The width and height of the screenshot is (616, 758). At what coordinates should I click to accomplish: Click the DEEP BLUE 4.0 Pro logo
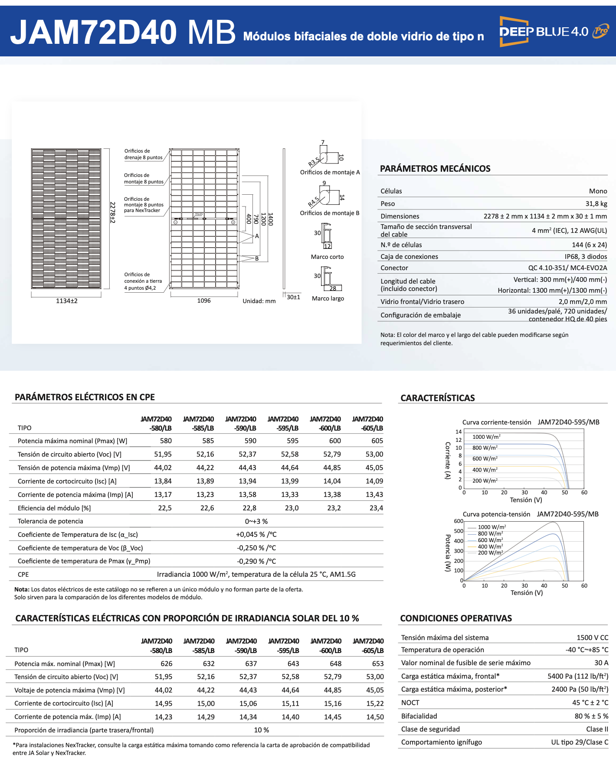554,31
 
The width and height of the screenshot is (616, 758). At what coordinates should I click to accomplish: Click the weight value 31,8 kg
596,203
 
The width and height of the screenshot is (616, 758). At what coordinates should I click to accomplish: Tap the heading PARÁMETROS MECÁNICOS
435,169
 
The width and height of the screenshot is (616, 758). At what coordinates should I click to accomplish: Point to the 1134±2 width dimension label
67,301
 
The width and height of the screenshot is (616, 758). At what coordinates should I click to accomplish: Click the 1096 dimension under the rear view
204,301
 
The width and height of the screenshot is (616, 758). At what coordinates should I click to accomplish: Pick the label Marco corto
327,257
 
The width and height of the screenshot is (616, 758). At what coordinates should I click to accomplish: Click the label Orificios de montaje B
330,213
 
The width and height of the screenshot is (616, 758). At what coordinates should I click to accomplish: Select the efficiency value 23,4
376,508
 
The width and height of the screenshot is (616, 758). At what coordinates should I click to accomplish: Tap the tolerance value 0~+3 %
256,521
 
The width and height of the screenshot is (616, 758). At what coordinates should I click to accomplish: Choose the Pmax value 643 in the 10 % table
293,663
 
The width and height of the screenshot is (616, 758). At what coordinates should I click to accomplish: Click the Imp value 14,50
375,717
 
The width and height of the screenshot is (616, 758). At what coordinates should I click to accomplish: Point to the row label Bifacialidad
419,716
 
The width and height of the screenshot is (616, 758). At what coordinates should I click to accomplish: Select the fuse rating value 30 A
601,663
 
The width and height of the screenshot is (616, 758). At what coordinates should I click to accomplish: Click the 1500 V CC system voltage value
592,637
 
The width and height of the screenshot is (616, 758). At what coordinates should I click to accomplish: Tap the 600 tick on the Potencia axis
459,521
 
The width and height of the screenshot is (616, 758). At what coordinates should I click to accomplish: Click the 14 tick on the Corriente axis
459,431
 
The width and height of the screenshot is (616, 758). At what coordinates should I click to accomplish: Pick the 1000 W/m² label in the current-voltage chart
486,437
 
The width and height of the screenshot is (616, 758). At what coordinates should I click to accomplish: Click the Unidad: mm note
259,301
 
